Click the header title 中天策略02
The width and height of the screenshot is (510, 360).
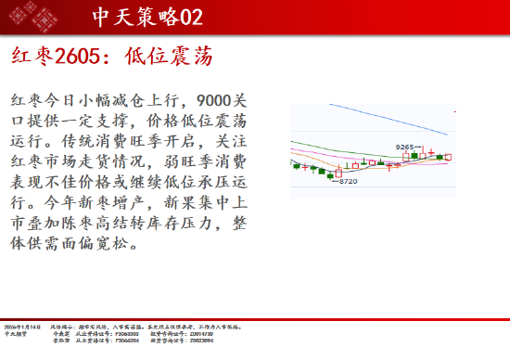pyautogui.click(x=147, y=17)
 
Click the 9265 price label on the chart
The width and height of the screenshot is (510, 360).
pyautogui.click(x=405, y=147)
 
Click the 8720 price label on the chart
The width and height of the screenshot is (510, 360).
pyautogui.click(x=347, y=181)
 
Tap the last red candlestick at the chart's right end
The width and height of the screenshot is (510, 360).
pyautogui.click(x=449, y=158)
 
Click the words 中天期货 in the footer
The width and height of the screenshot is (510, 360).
pyautogui.click(x=16, y=334)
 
